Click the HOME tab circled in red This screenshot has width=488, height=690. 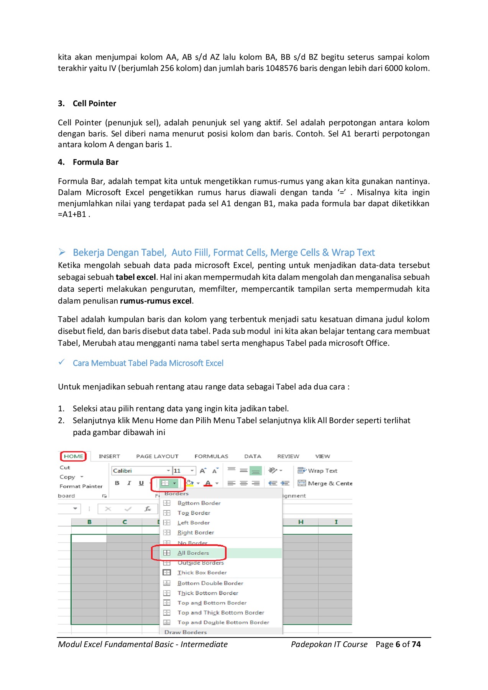pos(73,456)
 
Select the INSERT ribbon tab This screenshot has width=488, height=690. pos(109,456)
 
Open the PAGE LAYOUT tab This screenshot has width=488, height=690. pos(157,456)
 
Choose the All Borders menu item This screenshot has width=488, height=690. pos(193,553)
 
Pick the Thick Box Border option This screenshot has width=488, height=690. pos(202,572)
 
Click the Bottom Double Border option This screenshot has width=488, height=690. pos(210,583)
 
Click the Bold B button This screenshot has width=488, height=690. pos(117,483)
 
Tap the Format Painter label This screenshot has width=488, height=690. pos(81,486)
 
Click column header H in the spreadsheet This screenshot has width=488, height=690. pos(301,522)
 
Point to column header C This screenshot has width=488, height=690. pos(125,522)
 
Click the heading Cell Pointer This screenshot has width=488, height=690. pos(94,103)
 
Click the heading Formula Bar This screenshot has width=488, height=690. pos(95,162)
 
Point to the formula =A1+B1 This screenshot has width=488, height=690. pos(72,214)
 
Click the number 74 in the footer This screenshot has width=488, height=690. pos(416,644)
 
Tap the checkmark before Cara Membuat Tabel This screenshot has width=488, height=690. pos(61,362)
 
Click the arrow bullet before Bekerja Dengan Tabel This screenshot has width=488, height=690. pos(62,252)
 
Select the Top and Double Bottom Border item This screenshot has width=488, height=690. pos(223,622)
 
